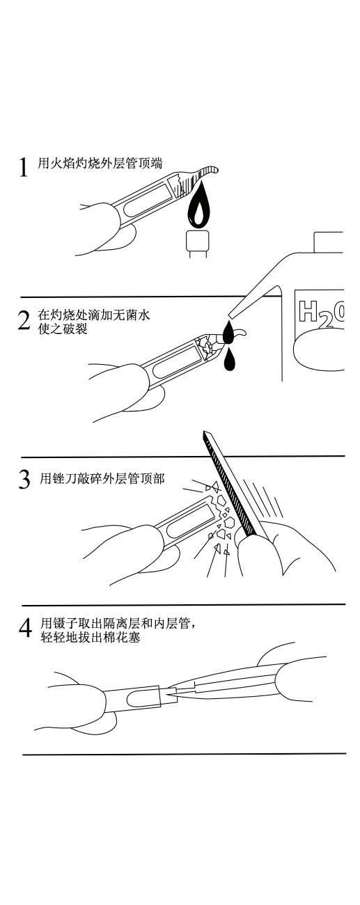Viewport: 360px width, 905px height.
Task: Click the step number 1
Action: (24, 167)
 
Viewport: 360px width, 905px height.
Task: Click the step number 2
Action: (24, 320)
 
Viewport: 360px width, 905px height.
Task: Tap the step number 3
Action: (24, 479)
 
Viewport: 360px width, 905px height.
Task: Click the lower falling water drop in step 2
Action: (229, 360)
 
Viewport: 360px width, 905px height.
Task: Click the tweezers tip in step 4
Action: (170, 693)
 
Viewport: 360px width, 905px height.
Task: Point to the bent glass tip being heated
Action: (202, 174)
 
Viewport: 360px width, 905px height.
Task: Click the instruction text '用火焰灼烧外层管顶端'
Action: (100, 164)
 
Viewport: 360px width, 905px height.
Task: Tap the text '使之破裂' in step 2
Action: (63, 329)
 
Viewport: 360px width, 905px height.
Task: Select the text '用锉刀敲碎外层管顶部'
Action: (102, 478)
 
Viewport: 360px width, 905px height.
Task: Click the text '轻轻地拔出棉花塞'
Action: (90, 638)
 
